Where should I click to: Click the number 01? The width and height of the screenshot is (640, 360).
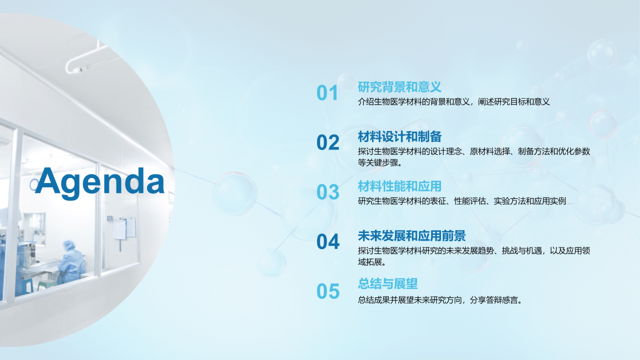(x=327, y=93)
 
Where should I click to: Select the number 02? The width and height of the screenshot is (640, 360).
(x=327, y=142)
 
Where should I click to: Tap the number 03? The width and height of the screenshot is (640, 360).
(x=327, y=192)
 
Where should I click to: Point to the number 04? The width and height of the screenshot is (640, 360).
(x=327, y=241)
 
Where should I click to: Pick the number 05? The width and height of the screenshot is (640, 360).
(x=327, y=291)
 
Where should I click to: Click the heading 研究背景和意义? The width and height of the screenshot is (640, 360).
(x=399, y=87)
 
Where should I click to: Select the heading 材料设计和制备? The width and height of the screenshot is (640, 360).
(x=399, y=136)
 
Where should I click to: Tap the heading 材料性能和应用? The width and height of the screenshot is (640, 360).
(x=399, y=186)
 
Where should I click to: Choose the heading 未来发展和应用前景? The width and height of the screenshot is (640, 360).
(x=411, y=235)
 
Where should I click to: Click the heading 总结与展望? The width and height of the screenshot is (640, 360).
(x=387, y=283)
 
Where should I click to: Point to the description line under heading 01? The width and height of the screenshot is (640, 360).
(x=453, y=101)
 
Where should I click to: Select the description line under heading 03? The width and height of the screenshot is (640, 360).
(x=461, y=201)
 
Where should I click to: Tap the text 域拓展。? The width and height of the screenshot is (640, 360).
(x=372, y=262)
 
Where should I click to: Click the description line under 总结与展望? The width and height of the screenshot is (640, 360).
(x=440, y=300)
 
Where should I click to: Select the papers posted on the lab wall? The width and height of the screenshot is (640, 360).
(x=124, y=227)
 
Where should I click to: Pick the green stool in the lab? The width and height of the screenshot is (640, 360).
(x=47, y=285)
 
